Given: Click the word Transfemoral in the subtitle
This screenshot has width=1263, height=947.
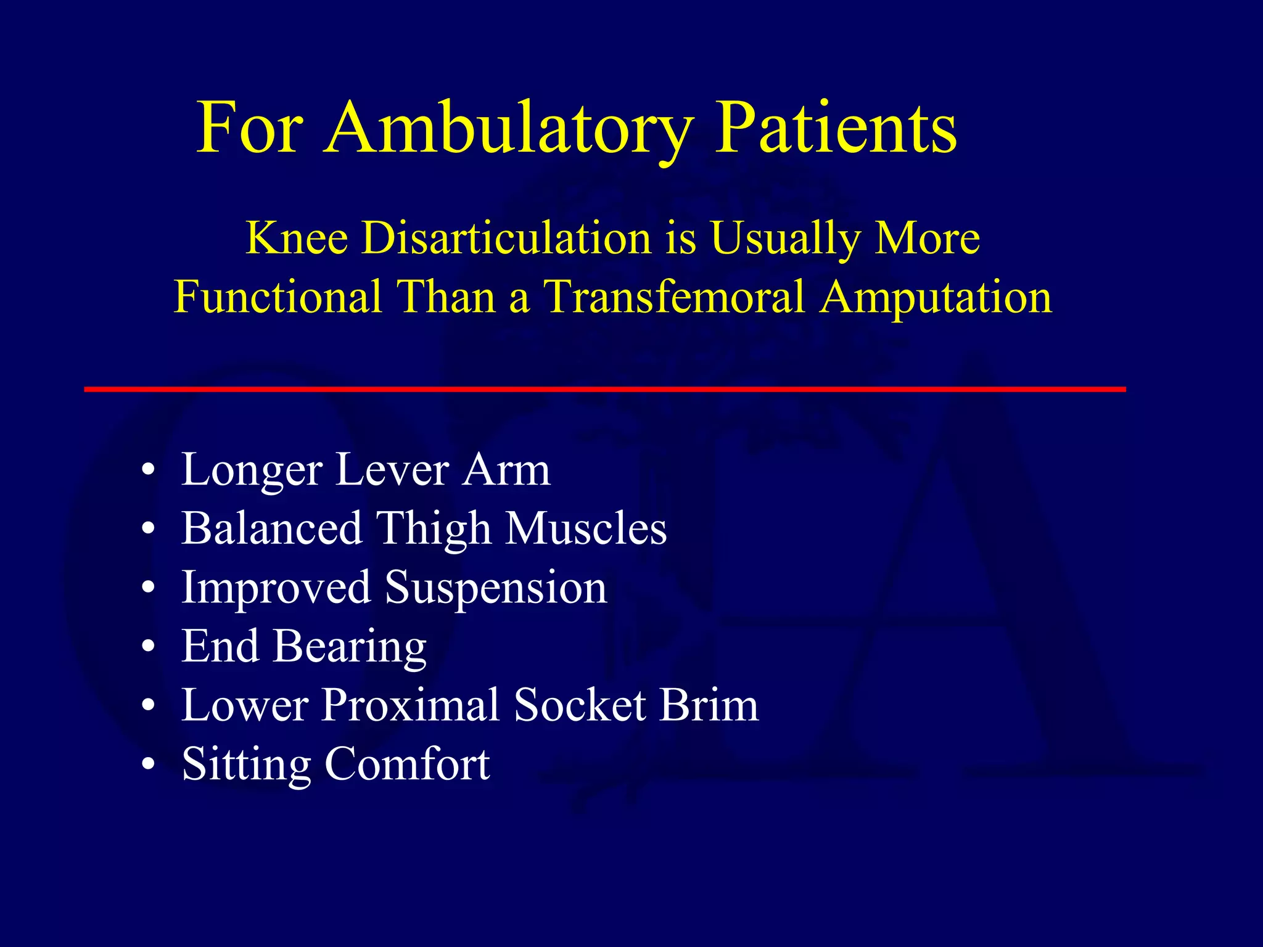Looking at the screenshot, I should tap(674, 297).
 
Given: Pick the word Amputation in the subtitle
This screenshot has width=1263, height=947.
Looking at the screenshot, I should tap(936, 297).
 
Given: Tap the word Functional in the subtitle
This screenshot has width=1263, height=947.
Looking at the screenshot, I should tap(278, 297).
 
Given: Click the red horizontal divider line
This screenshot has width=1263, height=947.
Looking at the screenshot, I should tap(604, 389).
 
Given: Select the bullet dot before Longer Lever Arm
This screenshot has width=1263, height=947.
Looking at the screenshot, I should tap(148, 470).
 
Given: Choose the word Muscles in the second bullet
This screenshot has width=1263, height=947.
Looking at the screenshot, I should tap(586, 529).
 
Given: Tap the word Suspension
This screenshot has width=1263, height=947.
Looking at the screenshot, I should tap(496, 588).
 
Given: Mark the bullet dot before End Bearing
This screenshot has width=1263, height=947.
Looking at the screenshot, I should tap(148, 647).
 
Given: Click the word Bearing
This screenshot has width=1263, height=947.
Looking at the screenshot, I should tap(350, 647).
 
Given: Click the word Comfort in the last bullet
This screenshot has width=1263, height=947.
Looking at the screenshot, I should tap(407, 765).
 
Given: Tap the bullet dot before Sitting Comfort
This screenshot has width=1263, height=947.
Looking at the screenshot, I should tap(148, 765).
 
